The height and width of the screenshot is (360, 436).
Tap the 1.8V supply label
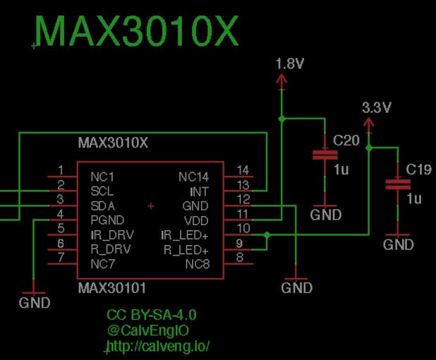point(290,64)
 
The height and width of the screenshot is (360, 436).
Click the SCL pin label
point(102,191)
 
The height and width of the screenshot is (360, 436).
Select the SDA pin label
point(103,205)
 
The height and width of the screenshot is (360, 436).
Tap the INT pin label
point(200,191)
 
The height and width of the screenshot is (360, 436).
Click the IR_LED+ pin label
point(185,235)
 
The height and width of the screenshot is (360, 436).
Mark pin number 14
point(243,170)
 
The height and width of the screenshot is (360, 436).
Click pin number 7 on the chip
point(61,258)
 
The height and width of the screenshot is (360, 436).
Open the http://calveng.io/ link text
point(159,347)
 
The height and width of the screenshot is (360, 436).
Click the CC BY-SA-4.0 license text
point(151,314)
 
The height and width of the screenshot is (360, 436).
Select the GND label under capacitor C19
point(398,245)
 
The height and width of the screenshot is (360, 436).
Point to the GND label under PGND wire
point(35,303)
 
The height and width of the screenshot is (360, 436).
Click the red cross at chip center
point(150,206)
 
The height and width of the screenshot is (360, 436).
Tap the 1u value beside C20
point(341,169)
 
